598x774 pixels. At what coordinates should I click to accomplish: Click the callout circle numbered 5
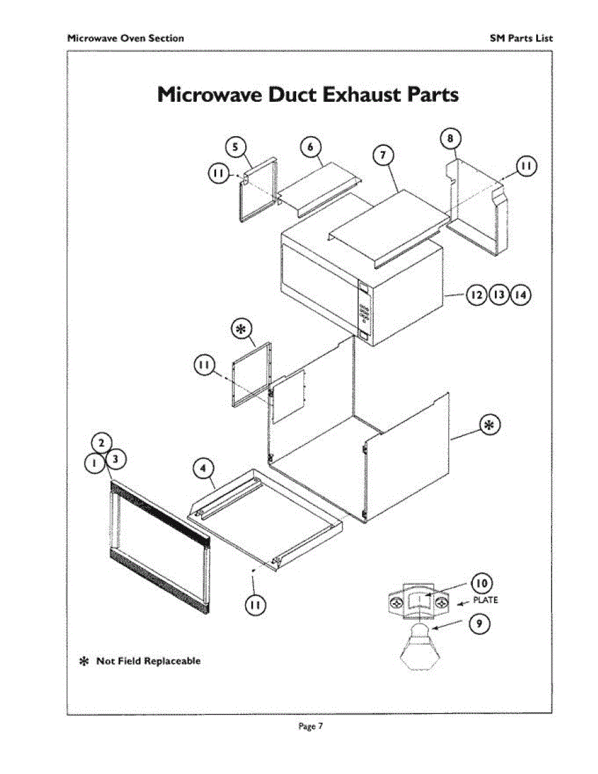pyautogui.click(x=235, y=147)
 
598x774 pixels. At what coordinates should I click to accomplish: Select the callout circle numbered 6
pyautogui.click(x=310, y=147)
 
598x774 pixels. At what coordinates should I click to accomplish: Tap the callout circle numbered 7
pyautogui.click(x=383, y=155)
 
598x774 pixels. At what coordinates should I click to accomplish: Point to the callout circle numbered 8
pyautogui.click(x=450, y=138)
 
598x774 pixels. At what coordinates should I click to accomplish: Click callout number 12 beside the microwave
pyautogui.click(x=477, y=295)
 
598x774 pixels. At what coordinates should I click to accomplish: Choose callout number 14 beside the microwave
pyautogui.click(x=520, y=295)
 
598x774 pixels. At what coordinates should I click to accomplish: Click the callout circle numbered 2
pyautogui.click(x=101, y=443)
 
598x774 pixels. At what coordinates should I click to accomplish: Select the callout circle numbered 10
pyautogui.click(x=481, y=583)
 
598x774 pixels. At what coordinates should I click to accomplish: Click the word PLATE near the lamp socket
pyautogui.click(x=486, y=600)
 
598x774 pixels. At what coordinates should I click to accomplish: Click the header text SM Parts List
pyautogui.click(x=521, y=38)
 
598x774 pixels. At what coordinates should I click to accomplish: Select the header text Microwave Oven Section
pyautogui.click(x=126, y=38)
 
